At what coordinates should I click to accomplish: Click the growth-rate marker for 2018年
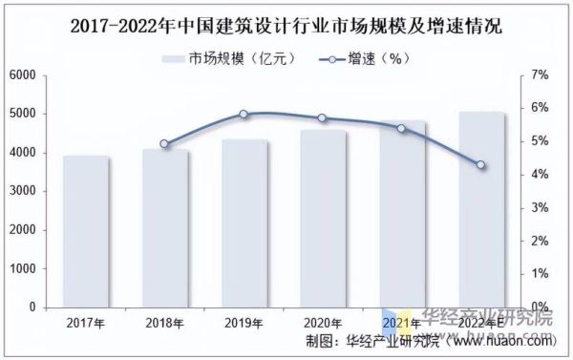point(164,144)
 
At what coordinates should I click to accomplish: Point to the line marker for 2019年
point(244,114)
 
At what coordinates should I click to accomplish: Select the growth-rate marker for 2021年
point(401,128)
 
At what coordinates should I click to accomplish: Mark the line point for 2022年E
point(480,165)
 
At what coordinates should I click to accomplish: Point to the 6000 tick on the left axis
point(23,74)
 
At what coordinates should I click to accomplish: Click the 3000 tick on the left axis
point(23,191)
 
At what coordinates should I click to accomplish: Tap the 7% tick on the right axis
point(540,74)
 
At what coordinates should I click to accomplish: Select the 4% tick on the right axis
point(540,175)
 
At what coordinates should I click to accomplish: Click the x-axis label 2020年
point(322,324)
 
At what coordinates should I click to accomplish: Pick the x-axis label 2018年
point(164,324)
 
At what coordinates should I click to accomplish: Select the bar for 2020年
point(322,219)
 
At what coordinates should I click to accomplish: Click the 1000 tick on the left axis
point(23,269)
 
